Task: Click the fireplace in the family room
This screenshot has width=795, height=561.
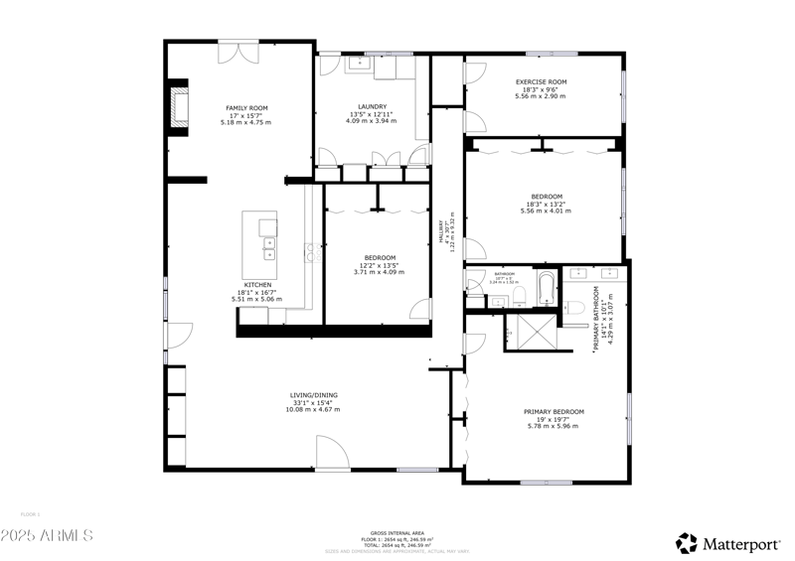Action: coord(179,107)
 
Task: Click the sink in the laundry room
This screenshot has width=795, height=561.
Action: coord(358,64)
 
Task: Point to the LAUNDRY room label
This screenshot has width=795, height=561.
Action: coord(373,107)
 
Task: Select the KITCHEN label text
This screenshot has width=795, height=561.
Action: coord(257,284)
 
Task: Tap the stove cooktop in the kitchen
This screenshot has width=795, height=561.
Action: coord(311,252)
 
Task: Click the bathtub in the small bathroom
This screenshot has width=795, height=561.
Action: coord(546,287)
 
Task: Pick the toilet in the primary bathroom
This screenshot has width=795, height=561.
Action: coord(574,309)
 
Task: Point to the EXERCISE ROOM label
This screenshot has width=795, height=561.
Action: coord(541,81)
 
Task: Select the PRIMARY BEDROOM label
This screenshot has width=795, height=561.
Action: coord(554,411)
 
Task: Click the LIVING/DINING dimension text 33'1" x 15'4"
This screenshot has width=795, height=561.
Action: coord(313,402)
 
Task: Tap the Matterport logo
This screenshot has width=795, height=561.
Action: coord(730,543)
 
